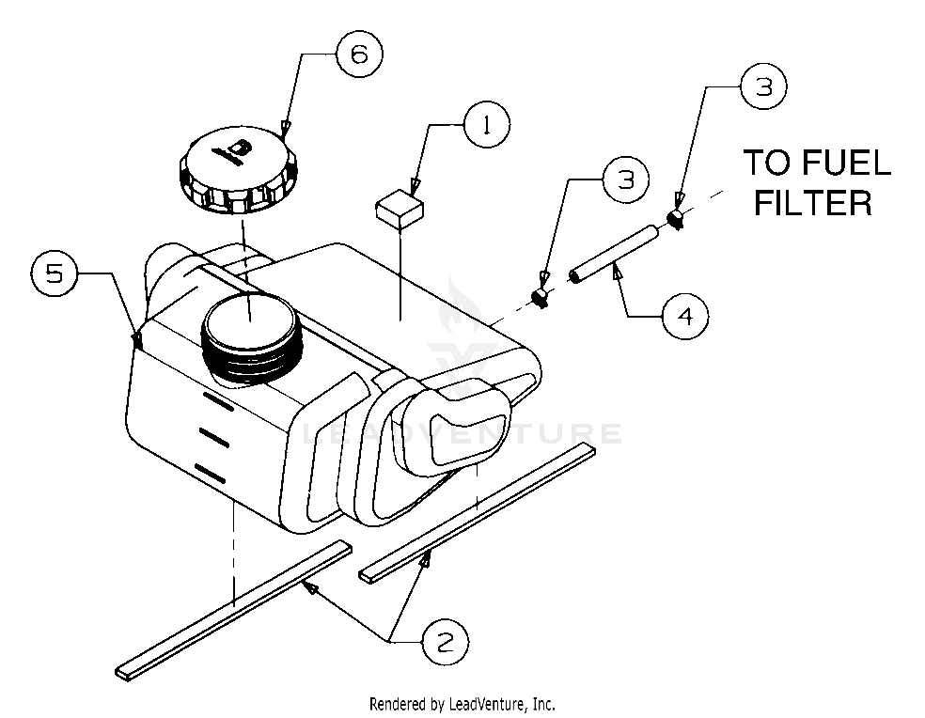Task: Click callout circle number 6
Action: coord(359,55)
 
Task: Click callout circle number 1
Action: coord(487,125)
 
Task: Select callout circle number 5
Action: coord(55,273)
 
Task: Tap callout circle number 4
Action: coord(685,316)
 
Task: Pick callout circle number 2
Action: coord(446,641)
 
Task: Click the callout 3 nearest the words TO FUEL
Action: coord(764,86)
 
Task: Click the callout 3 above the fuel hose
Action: coord(625,179)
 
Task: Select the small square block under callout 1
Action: coord(400,209)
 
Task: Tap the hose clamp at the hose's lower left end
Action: coord(540,297)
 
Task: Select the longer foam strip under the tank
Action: coord(234,610)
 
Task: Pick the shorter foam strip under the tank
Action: coord(478,512)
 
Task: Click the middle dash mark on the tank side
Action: coord(214,438)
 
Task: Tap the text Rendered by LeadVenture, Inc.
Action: coord(462,704)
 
